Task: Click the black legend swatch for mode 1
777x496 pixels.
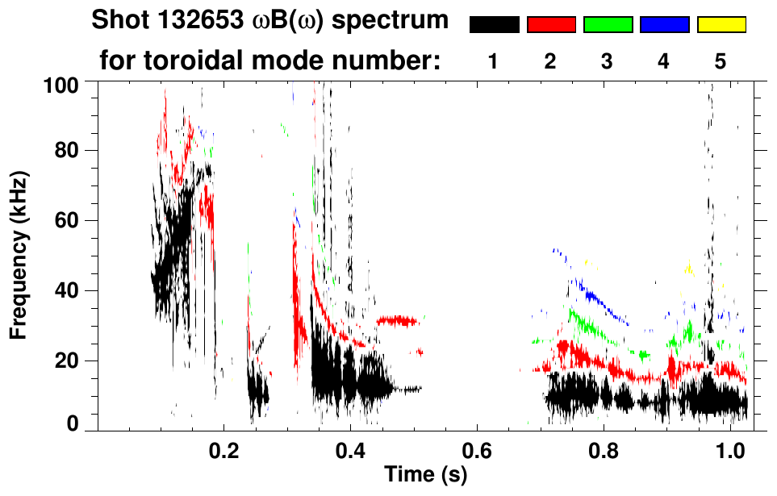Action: click(x=494, y=25)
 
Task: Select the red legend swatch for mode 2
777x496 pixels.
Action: click(x=551, y=25)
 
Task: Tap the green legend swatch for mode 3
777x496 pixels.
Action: click(x=608, y=25)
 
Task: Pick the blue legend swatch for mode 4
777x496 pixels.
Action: click(x=665, y=25)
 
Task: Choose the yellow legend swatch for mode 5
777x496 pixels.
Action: click(x=721, y=25)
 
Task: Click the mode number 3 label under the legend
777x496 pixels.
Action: click(x=607, y=62)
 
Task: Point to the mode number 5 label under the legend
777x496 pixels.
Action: click(x=721, y=62)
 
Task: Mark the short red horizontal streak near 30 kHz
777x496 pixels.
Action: click(x=397, y=321)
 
